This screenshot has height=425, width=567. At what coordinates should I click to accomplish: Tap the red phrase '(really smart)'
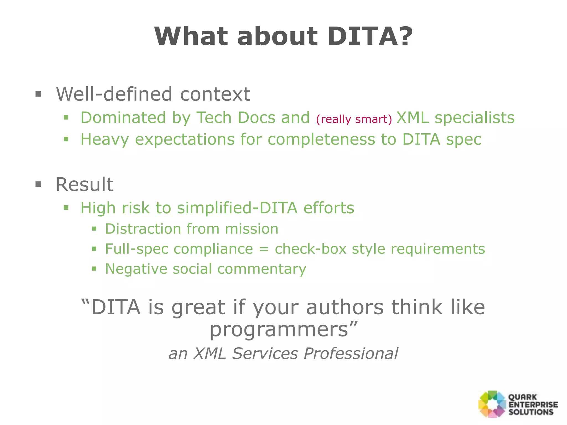click(x=354, y=119)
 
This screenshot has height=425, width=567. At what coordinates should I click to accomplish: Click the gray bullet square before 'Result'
click(x=38, y=184)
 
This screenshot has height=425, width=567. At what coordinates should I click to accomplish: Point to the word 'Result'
click(x=84, y=184)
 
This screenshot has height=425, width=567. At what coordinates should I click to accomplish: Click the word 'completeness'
click(x=321, y=139)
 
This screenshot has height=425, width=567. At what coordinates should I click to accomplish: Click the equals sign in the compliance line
click(x=264, y=249)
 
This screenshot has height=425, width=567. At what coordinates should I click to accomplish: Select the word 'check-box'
click(x=311, y=249)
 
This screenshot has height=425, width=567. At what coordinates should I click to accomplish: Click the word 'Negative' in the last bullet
click(x=136, y=269)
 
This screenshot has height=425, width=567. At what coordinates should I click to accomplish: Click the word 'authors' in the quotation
click(x=345, y=307)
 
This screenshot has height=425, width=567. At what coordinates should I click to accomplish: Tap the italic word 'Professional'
click(x=351, y=353)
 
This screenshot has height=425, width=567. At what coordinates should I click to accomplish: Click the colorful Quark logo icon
click(x=492, y=404)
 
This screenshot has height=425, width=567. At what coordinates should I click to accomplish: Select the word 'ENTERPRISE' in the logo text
click(x=533, y=405)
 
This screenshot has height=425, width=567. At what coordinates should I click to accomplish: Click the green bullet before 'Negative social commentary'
click(x=94, y=269)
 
